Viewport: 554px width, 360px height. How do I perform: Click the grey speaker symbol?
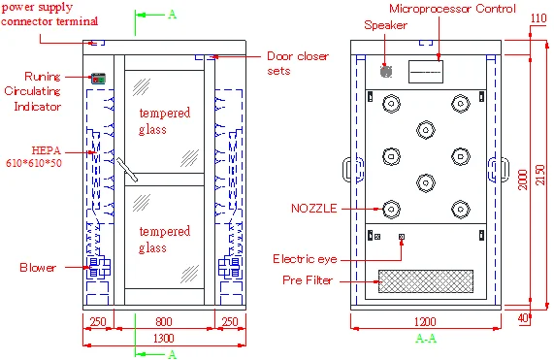click(386, 71)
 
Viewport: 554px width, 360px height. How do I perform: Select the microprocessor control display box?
click(426, 72)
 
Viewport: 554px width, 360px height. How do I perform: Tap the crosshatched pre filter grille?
click(426, 281)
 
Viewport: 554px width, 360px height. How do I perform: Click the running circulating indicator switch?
click(99, 79)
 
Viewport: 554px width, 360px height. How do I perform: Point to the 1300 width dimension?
click(164, 338)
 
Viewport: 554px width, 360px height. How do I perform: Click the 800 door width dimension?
click(164, 321)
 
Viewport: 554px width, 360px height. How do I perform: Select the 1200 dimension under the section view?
click(425, 322)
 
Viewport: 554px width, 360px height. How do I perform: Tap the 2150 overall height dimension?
click(540, 175)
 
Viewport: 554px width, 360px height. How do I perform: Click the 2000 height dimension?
click(523, 180)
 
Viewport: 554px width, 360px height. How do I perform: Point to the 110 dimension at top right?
click(538, 18)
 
